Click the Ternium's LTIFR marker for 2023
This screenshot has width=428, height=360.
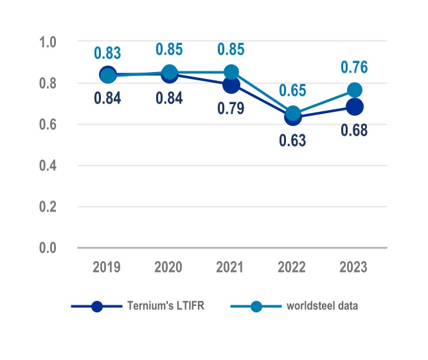click(354, 107)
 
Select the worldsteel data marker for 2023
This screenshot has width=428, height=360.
click(354, 90)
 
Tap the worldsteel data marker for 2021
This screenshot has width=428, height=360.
click(231, 72)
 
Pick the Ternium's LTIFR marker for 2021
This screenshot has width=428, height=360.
click(231, 84)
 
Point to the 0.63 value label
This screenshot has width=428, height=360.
click(292, 139)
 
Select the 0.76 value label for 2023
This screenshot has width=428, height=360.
click(354, 67)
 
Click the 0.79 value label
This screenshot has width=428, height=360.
click(231, 107)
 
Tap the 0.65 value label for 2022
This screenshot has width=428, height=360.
click(292, 90)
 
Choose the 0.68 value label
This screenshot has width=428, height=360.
click(354, 130)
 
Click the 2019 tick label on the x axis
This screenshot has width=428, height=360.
click(108, 266)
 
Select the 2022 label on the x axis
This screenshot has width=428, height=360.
click(292, 266)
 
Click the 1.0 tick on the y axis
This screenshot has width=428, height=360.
click(49, 42)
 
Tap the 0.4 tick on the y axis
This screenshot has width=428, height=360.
click(49, 166)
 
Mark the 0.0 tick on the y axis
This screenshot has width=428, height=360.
click(49, 248)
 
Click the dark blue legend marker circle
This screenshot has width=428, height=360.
click(97, 306)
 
